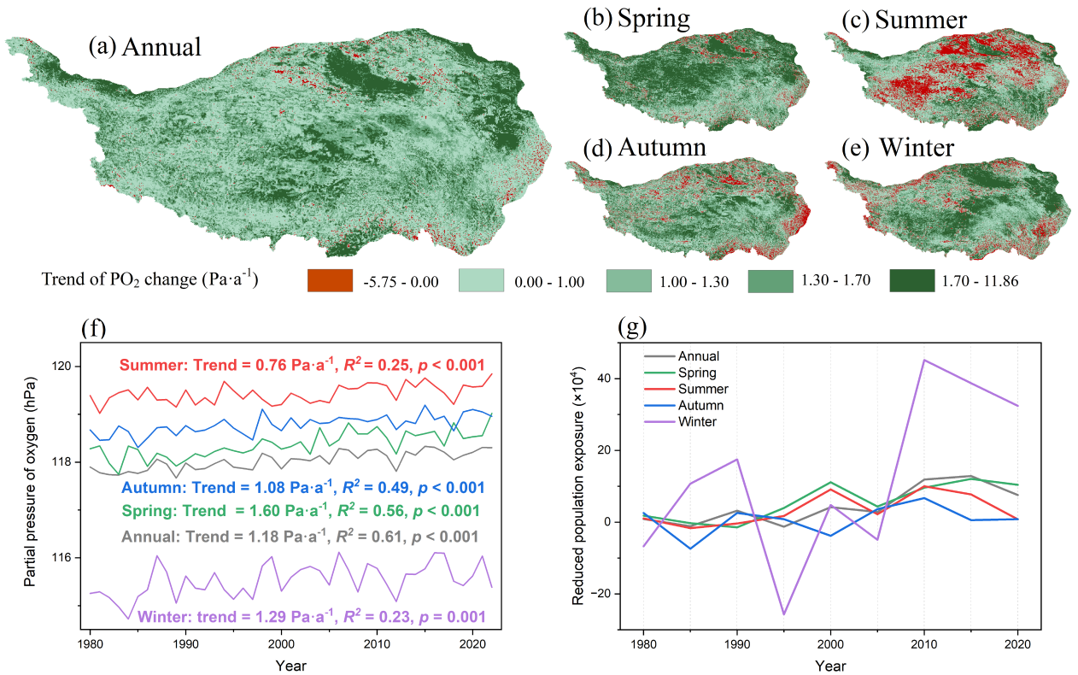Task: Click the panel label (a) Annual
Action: [x=144, y=46]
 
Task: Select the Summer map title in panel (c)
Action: [x=897, y=18]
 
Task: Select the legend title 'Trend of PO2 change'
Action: [x=149, y=280]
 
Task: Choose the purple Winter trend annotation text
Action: [x=312, y=617]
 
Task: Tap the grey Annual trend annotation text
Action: [x=300, y=537]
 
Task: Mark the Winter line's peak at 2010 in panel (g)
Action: [x=923, y=360]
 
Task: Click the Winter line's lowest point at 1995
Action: [x=783, y=614]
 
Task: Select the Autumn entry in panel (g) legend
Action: [x=700, y=406]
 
